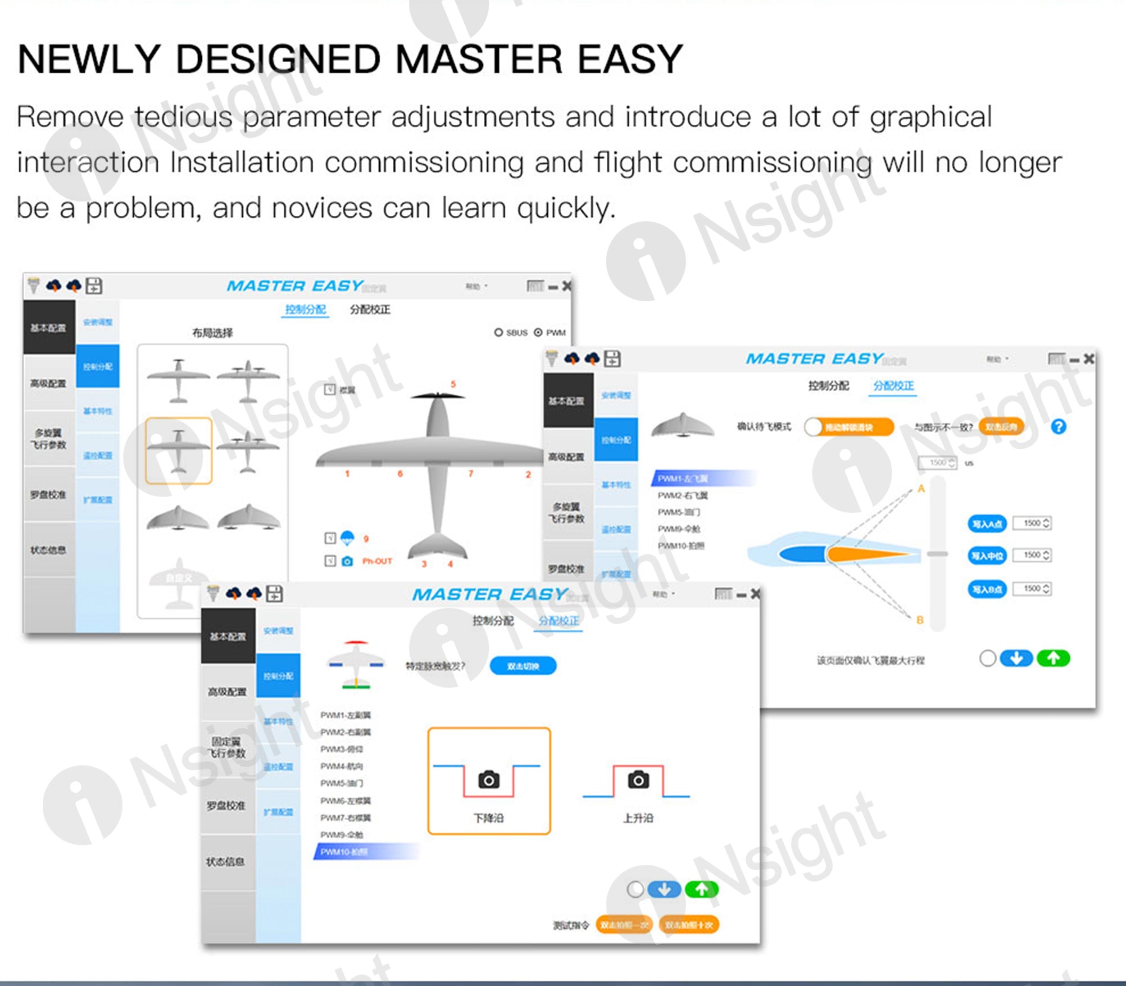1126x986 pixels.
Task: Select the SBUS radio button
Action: click(x=498, y=332)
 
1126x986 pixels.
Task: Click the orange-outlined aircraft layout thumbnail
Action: click(x=178, y=450)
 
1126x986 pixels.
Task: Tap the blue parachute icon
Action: click(x=347, y=537)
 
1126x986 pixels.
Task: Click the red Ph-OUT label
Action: click(x=377, y=561)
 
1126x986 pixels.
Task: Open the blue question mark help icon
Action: click(x=1058, y=427)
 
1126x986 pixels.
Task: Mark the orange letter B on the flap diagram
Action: click(x=920, y=620)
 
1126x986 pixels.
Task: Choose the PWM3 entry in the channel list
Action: click(x=341, y=749)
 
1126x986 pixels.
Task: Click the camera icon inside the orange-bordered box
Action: click(x=489, y=780)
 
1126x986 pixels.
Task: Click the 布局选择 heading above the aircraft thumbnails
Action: click(x=212, y=333)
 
